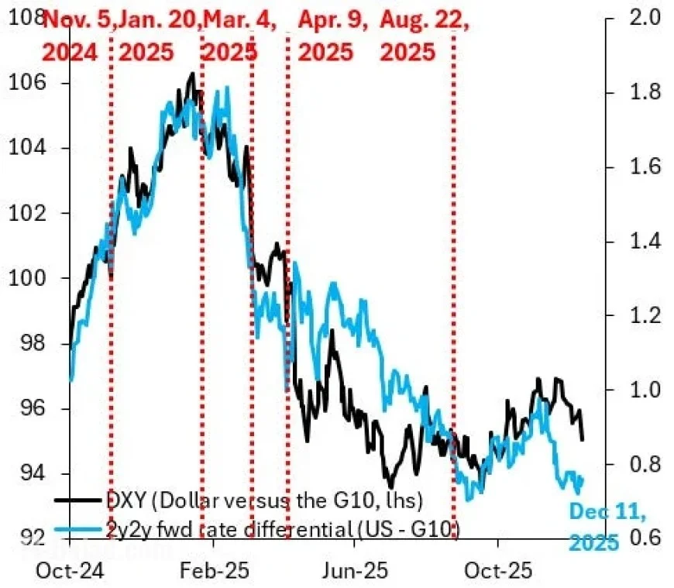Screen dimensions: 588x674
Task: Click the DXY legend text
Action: (263, 500)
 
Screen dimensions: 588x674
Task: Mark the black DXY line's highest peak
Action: (192, 74)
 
